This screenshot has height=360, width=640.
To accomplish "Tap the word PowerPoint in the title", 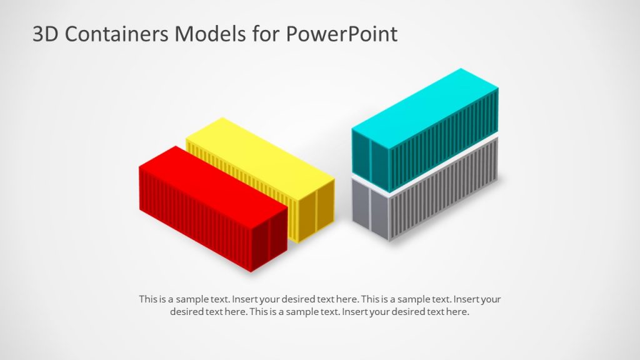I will [341, 34].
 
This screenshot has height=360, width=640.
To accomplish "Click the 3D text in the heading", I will [45, 34].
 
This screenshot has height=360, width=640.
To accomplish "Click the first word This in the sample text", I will [147, 299].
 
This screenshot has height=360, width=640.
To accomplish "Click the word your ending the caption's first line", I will [491, 299].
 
